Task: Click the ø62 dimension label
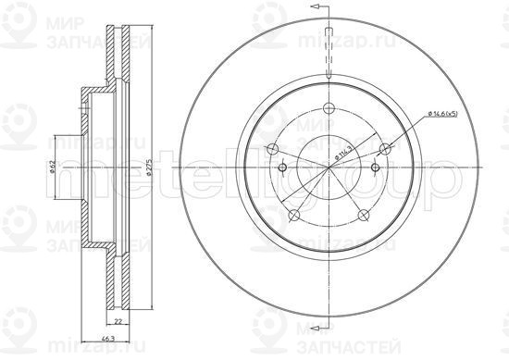pyautogui.click(x=54, y=168)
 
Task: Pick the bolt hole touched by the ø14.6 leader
pyautogui.click(x=385, y=148)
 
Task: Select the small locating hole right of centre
pyautogui.click(x=374, y=168)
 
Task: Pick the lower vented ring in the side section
pyautogui.click(x=117, y=282)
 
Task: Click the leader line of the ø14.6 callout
pyautogui.click(x=407, y=130)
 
